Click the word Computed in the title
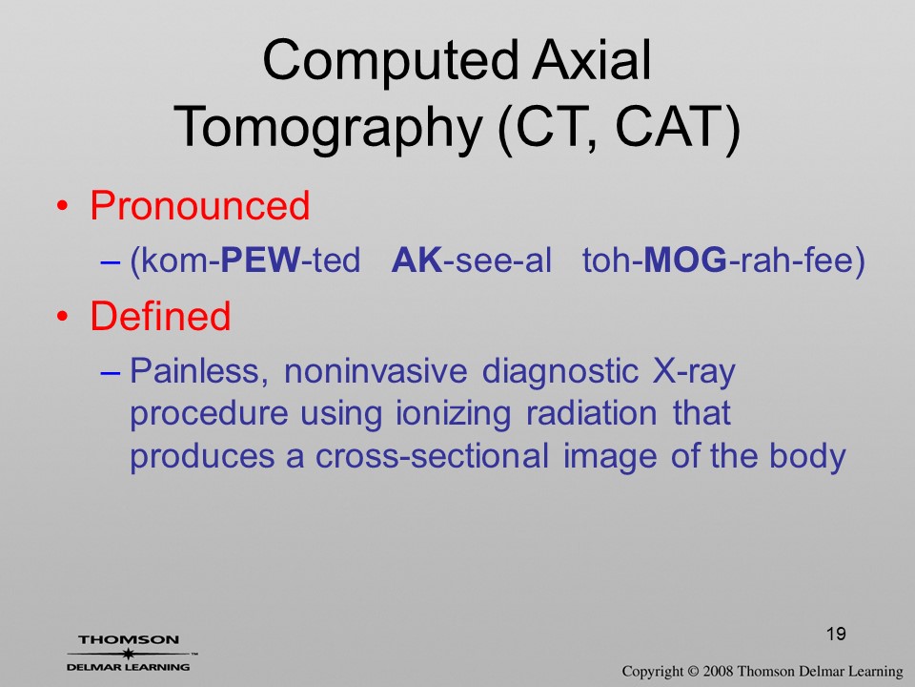[x=390, y=62]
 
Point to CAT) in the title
[x=678, y=127]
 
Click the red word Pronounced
[x=199, y=205]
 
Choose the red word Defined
[x=160, y=316]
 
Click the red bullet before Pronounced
[x=63, y=206]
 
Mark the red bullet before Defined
[x=63, y=317]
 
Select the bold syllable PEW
[x=260, y=260]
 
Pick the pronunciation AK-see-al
[x=471, y=260]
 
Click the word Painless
[x=199, y=371]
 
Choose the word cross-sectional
[x=432, y=456]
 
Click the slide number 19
[x=836, y=634]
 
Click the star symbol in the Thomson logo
[x=128, y=654]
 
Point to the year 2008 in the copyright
[x=718, y=671]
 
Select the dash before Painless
[x=110, y=373]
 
